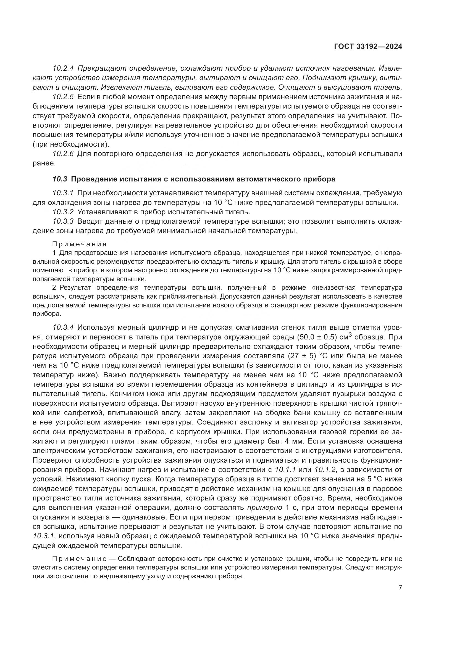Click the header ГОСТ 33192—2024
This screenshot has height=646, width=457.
(368, 47)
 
